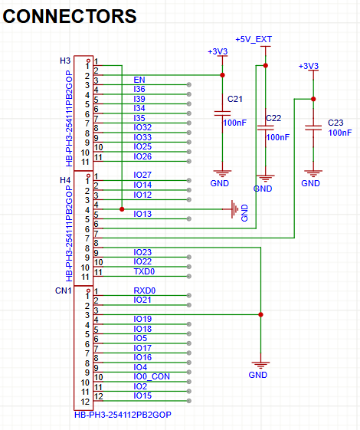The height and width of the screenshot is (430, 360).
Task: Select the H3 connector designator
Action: [x=65, y=60]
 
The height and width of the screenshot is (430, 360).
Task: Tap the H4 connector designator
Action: [x=65, y=179]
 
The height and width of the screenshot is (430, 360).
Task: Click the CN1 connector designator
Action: [x=64, y=291]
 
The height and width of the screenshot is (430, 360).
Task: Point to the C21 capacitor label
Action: [x=234, y=100]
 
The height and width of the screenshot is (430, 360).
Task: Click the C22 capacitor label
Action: [x=273, y=117]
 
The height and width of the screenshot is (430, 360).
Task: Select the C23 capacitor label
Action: [x=335, y=123]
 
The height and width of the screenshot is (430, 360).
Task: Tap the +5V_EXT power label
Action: [x=254, y=38]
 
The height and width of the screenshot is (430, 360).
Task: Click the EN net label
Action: [x=139, y=80]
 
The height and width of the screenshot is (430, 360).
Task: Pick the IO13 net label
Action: [x=142, y=214]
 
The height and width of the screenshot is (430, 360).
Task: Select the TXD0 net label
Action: [x=145, y=271]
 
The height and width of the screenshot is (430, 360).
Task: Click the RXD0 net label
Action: [x=145, y=290]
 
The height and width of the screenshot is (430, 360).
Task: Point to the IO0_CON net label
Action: [x=152, y=376]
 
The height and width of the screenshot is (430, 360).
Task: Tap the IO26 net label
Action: [x=142, y=156]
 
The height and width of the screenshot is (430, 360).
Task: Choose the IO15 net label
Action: [x=142, y=396]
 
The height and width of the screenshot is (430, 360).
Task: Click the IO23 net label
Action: [x=142, y=252]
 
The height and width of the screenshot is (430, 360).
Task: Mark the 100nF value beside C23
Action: [x=339, y=133]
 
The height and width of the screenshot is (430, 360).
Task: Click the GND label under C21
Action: [x=220, y=184]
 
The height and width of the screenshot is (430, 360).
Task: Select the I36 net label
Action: [x=139, y=90]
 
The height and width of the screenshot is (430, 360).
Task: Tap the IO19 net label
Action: [x=142, y=319]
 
